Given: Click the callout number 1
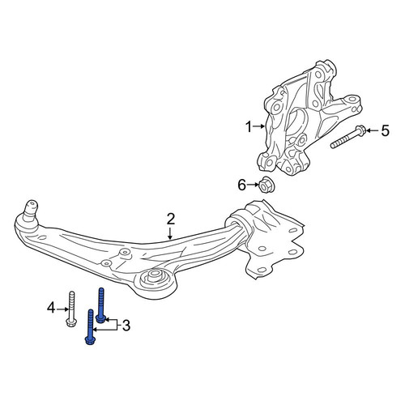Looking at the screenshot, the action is [x=249, y=127].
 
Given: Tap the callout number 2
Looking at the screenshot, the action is [x=171, y=219].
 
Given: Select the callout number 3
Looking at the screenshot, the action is [x=126, y=326].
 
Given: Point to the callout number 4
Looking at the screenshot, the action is [x=51, y=308].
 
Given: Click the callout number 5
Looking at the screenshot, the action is [x=386, y=130].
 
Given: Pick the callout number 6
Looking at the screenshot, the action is [x=242, y=185].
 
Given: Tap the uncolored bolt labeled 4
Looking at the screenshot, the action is [x=71, y=309].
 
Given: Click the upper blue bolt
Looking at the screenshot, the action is [x=101, y=305].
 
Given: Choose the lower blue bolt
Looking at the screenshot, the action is [x=90, y=327].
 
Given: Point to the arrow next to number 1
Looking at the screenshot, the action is [x=258, y=126].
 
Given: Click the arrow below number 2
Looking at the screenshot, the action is [x=170, y=233].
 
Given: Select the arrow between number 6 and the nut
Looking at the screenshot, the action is [x=253, y=185].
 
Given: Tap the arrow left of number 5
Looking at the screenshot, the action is [x=373, y=130].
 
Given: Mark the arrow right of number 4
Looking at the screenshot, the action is [x=62, y=309].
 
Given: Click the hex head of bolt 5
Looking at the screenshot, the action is [x=360, y=130].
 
